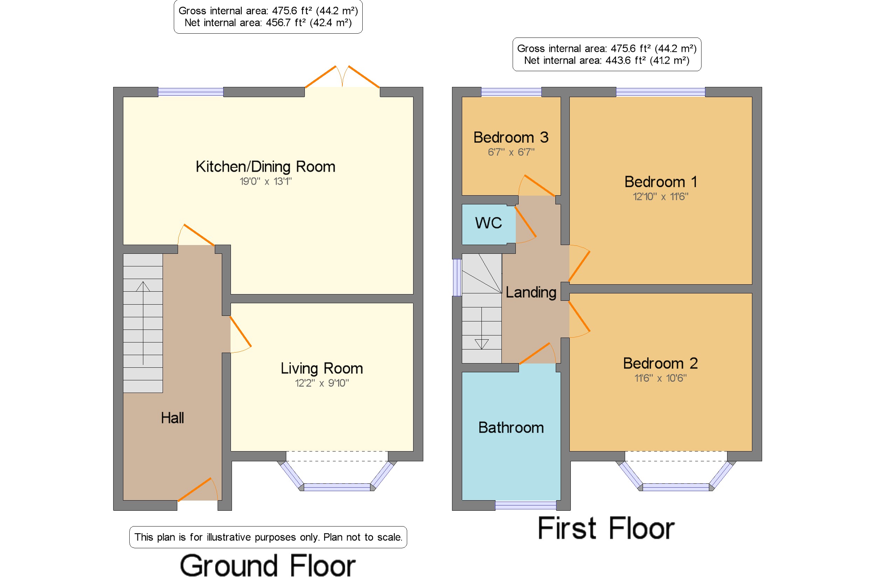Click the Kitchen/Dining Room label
[x=266, y=167]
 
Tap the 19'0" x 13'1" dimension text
[x=266, y=181]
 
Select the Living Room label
[x=322, y=368]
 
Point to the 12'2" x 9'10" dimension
[x=322, y=383]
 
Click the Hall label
[x=172, y=418]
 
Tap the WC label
[x=488, y=223]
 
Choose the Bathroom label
[x=511, y=428]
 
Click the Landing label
[x=531, y=292]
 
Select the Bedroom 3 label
[x=511, y=137]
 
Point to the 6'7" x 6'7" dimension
[x=511, y=152]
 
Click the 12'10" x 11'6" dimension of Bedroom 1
[x=661, y=196]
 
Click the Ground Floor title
[x=268, y=565]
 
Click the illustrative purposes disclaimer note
[x=268, y=537]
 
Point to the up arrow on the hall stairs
[x=143, y=323]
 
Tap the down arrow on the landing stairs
[x=481, y=328]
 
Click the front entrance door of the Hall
[x=198, y=489]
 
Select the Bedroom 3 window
[x=511, y=91]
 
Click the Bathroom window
[x=526, y=505]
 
